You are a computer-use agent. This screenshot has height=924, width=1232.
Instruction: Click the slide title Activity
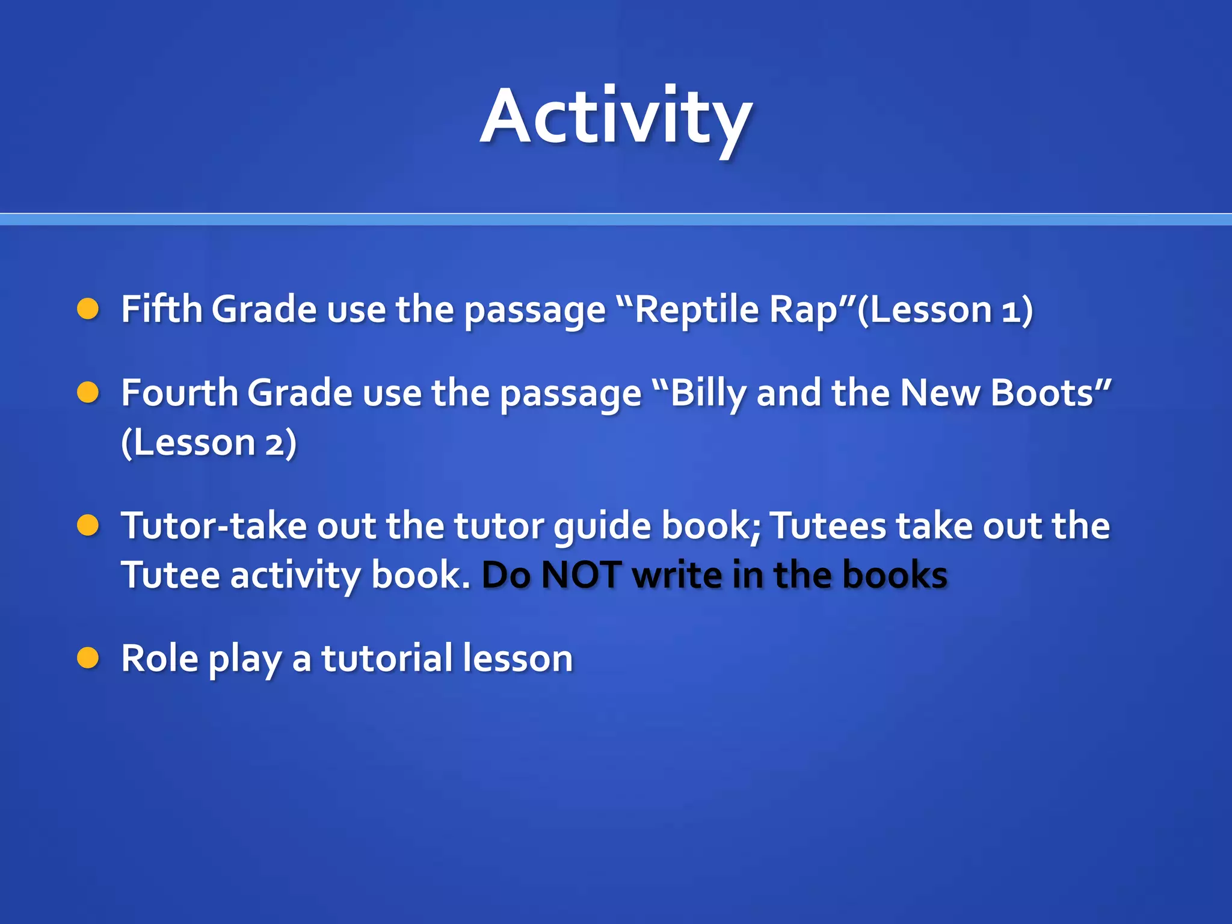click(x=616, y=117)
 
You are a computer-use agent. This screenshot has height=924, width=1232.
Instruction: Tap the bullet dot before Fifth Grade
click(x=88, y=309)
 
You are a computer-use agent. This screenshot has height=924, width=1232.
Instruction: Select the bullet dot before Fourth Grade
click(x=88, y=393)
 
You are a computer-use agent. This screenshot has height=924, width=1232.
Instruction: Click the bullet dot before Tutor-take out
click(x=88, y=525)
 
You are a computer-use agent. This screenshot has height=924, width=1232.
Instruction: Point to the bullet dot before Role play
click(x=88, y=658)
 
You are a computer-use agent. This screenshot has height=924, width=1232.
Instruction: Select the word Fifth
click(x=161, y=310)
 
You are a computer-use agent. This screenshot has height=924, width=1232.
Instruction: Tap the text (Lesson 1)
click(x=944, y=310)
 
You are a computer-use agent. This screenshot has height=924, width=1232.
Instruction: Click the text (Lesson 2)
click(x=209, y=443)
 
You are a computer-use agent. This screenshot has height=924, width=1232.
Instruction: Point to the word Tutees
click(x=828, y=526)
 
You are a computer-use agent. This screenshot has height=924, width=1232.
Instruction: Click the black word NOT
click(x=581, y=576)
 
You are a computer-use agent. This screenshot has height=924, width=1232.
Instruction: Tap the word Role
click(x=159, y=659)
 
